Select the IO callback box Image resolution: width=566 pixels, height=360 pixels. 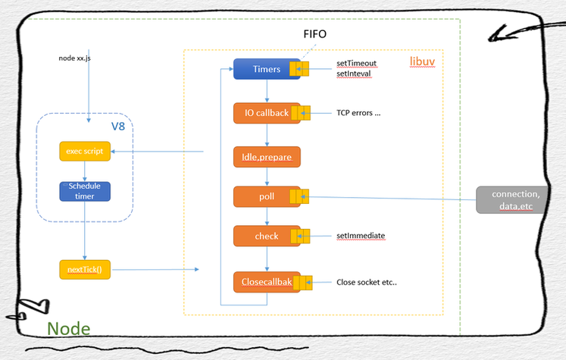coord(266,113)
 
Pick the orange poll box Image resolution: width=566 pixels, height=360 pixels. coord(266,197)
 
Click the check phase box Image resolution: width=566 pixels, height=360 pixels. coord(266,236)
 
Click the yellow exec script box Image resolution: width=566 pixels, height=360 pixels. coord(85,151)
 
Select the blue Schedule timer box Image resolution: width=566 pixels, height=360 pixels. coord(85,190)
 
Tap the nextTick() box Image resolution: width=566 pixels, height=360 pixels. coord(85,269)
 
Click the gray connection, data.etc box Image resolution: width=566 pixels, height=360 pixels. coord(509,199)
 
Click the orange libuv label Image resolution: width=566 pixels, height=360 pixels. coord(422,59)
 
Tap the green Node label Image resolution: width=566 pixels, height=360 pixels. coord(69,329)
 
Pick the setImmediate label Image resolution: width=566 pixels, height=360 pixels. coord(361,236)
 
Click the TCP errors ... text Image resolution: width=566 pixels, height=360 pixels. coord(358,114)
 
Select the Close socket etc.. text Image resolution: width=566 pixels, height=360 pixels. coord(366,283)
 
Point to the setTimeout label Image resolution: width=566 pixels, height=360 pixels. coord(357,64)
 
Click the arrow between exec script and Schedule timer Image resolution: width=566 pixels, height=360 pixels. coord(85,171)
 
